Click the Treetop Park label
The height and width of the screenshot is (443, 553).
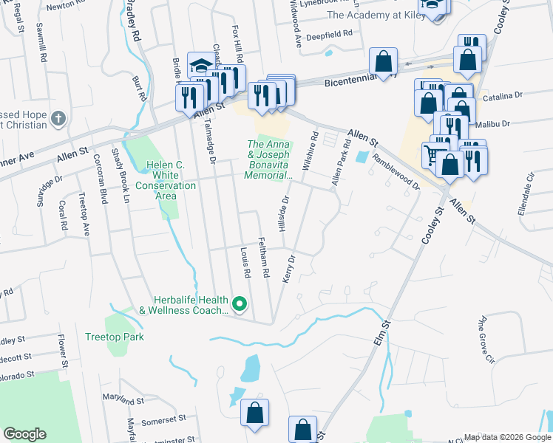(113, 337)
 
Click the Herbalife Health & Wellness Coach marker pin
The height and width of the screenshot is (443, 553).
(239, 303)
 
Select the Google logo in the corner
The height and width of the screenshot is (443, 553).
(24, 434)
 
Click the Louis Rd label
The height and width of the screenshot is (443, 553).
(245, 263)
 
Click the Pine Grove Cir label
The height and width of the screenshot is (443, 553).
(485, 340)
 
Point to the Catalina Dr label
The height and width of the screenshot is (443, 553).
(503, 96)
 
